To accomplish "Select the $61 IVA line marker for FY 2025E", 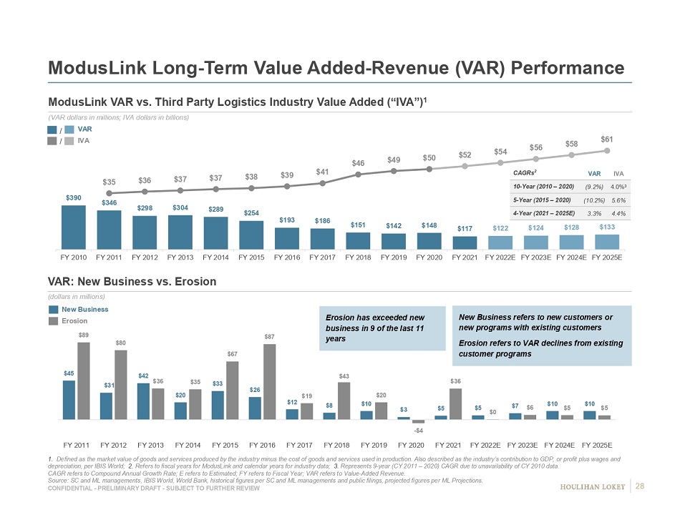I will [x=606, y=150].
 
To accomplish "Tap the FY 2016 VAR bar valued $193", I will [x=287, y=239].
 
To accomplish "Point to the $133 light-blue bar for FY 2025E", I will [x=607, y=242].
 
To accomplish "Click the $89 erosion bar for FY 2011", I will [x=84, y=381].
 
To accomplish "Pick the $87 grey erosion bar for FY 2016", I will [x=270, y=381].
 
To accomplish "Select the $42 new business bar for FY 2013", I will [x=143, y=401].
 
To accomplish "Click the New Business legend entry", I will [x=84, y=309].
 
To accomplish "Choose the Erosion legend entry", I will [x=78, y=321].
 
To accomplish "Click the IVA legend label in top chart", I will [x=84, y=141].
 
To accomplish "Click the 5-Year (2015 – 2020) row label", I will [x=543, y=200].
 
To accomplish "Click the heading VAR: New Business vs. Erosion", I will [x=132, y=281].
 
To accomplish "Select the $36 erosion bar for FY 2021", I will [x=455, y=403].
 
